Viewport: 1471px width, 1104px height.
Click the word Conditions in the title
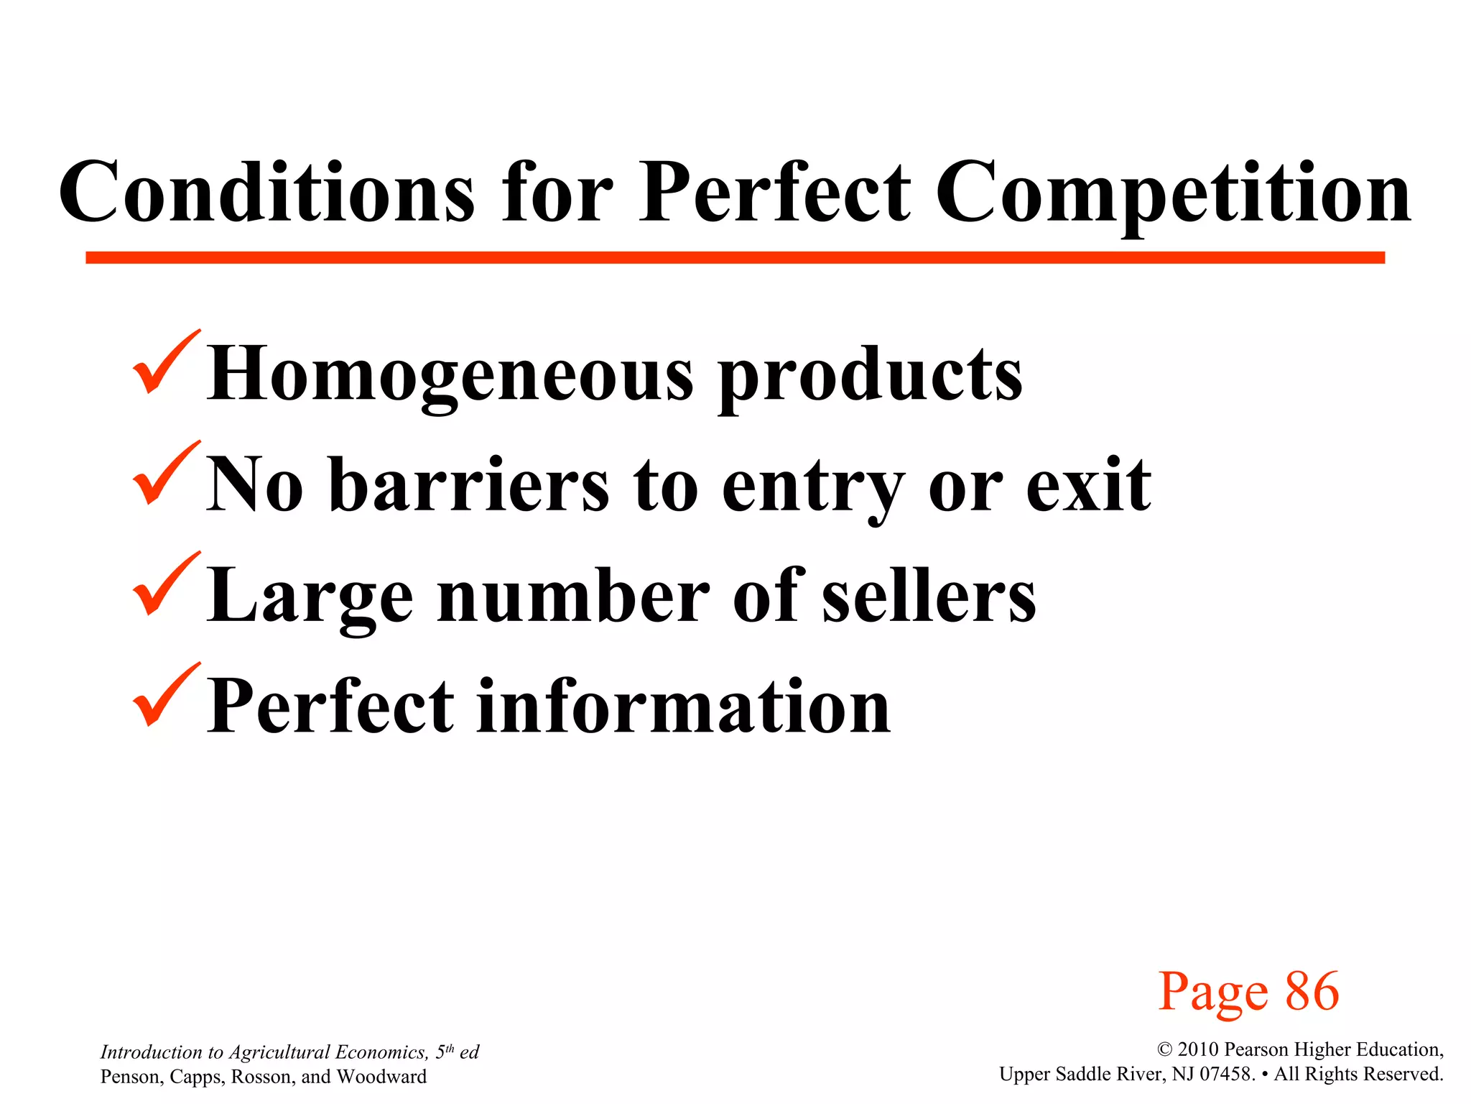266,193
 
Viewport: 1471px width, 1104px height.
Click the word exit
1088,485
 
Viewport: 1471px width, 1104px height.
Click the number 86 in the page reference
1312,992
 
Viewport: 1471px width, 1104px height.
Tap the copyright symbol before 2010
1164,1050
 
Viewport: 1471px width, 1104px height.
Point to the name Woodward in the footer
381,1077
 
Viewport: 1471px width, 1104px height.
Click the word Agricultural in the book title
279,1053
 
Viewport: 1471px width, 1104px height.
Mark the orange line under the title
735,257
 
